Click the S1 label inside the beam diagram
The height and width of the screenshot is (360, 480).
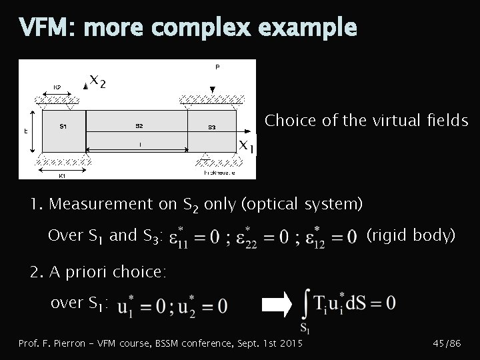coord(62,126)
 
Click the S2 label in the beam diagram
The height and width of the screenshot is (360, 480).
coord(139,126)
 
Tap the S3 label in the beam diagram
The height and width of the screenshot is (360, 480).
coord(211,127)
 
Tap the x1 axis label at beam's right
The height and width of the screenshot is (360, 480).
coord(247,145)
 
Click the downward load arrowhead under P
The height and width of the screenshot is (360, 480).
coord(211,89)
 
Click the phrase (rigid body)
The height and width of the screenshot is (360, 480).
coord(411,235)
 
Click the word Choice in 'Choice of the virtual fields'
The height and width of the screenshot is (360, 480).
coord(288,121)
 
